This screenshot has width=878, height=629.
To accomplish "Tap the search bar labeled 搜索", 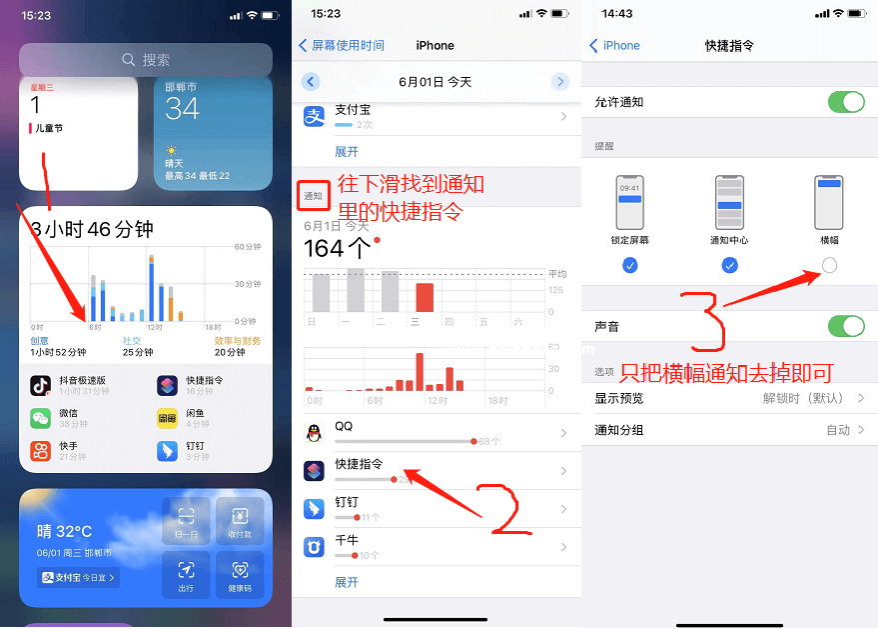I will click(x=146, y=60).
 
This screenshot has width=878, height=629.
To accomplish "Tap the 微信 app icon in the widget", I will click(x=41, y=418).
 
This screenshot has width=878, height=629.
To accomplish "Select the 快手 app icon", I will click(x=41, y=451).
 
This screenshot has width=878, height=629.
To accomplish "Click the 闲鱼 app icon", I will click(x=168, y=418).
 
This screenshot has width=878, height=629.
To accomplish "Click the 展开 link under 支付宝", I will click(x=346, y=152).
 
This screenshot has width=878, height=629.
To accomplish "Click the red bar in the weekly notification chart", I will click(x=425, y=297).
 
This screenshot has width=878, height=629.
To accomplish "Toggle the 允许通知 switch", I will click(x=846, y=102).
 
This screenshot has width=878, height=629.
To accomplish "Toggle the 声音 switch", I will click(x=846, y=327).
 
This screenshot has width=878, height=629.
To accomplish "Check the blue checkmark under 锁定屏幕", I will click(x=629, y=265).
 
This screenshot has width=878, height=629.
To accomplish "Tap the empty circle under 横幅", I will click(x=829, y=265).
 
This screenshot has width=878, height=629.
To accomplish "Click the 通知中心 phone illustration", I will click(x=729, y=202).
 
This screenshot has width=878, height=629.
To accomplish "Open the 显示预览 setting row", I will click(x=729, y=398).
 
